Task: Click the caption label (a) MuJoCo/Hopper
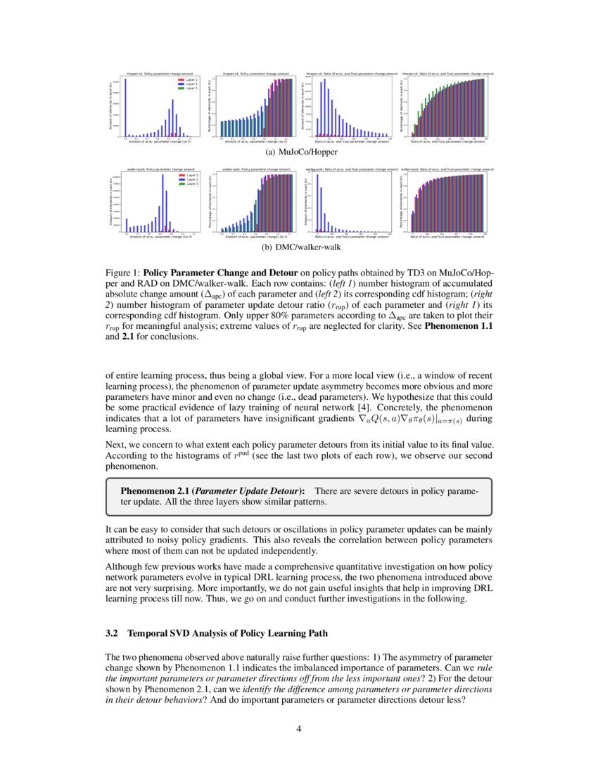pos(298,151)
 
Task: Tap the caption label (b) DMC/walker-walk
pos(298,247)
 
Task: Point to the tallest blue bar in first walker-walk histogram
pos(163,203)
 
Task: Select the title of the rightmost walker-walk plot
pos(445,169)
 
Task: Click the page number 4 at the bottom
pos(299,728)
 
